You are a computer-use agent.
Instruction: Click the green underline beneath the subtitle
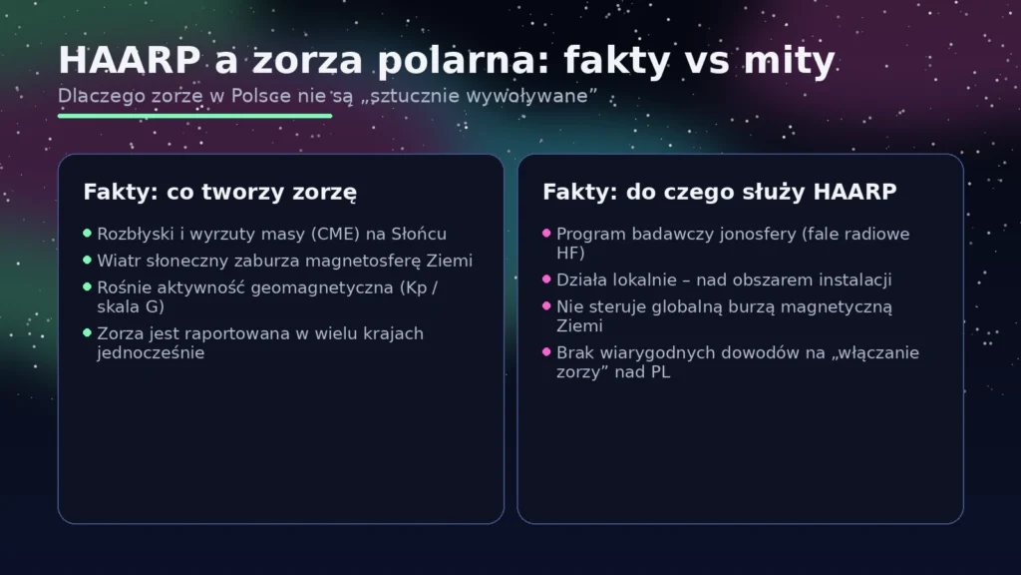pyautogui.click(x=194, y=116)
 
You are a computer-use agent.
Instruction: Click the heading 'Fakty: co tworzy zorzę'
pyautogui.click(x=220, y=191)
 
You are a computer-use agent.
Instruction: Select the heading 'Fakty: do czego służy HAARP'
pyautogui.click(x=720, y=191)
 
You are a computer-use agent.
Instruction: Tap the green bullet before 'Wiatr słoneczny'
pyautogui.click(x=88, y=260)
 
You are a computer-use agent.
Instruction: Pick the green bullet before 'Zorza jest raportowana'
pyautogui.click(x=88, y=332)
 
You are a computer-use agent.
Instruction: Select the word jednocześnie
pyautogui.click(x=151, y=352)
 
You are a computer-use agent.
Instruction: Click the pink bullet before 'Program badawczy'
pyautogui.click(x=546, y=233)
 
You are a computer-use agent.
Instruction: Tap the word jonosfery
pyautogui.click(x=754, y=234)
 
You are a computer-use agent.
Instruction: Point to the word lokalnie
pyautogui.click(x=637, y=281)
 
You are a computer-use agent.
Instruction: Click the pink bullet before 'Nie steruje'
pyautogui.click(x=546, y=305)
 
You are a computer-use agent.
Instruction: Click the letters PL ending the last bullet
pyautogui.click(x=661, y=372)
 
